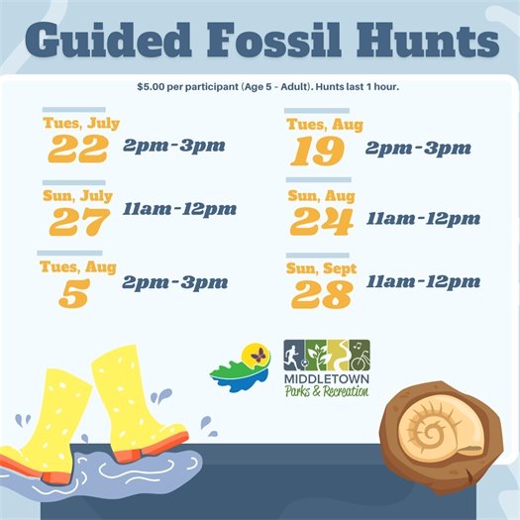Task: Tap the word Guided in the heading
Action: [107, 42]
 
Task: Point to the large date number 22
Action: [77, 149]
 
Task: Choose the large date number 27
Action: [77, 222]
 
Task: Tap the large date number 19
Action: [318, 151]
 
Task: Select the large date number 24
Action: [321, 222]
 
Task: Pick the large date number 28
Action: [322, 292]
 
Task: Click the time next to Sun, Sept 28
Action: [423, 282]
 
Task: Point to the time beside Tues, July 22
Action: [174, 146]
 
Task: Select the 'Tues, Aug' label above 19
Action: [325, 125]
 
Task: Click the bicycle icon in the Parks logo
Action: [359, 354]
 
